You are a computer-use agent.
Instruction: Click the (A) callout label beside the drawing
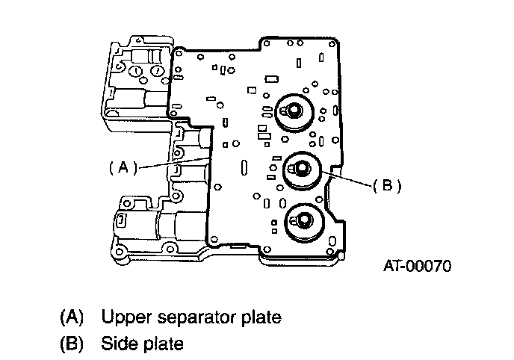click(123, 167)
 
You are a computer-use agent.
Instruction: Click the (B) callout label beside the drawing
click(387, 185)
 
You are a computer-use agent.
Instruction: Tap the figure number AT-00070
click(418, 266)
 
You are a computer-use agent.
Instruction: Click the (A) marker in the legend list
click(72, 317)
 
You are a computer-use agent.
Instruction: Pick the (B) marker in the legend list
click(72, 344)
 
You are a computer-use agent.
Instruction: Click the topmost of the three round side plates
click(294, 112)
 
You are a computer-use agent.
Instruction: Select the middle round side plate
click(302, 170)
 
